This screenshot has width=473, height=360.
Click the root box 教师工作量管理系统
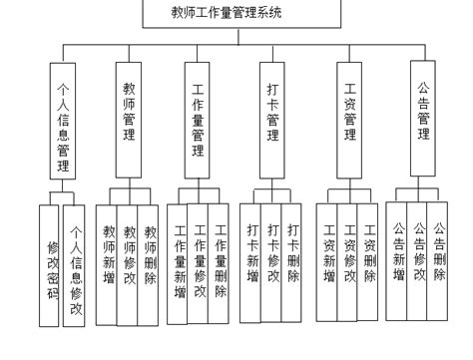tap(241, 13)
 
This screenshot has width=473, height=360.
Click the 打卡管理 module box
tap(272, 110)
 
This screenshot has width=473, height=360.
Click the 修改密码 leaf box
tap(50, 265)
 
